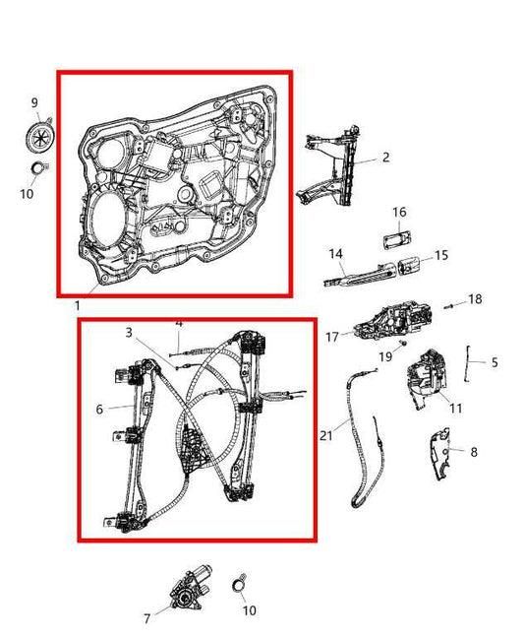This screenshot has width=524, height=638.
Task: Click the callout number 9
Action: [x=33, y=102]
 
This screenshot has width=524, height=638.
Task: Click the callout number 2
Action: [x=385, y=158]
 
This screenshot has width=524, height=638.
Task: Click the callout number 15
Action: [x=441, y=255]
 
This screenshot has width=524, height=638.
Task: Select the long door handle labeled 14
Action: [x=359, y=271]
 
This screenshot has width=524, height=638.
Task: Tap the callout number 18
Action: [x=476, y=298]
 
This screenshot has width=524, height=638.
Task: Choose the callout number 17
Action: [x=332, y=337]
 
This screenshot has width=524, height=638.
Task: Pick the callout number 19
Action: [x=386, y=354]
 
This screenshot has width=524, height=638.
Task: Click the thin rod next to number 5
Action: [x=472, y=362]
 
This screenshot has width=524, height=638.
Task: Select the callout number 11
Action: [x=455, y=407]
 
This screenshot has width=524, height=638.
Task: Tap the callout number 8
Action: [x=474, y=452]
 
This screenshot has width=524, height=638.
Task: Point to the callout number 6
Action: [x=99, y=409]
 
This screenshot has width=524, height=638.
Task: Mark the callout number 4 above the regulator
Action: [x=179, y=323]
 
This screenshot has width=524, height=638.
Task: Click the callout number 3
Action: [x=128, y=333]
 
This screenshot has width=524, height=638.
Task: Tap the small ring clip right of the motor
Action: [x=239, y=585]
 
